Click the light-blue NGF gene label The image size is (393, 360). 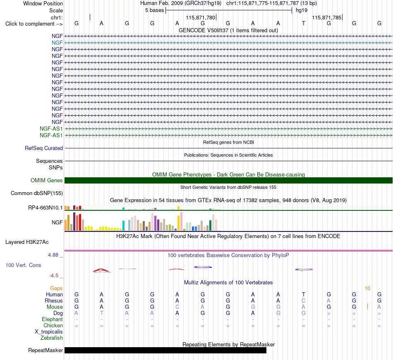(57, 43)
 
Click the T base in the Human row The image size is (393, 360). (304, 294)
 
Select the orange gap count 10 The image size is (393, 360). (367, 288)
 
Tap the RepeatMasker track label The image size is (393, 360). (46, 350)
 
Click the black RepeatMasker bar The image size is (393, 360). (165, 350)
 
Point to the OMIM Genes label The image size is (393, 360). (47, 181)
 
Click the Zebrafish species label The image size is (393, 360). (52, 338)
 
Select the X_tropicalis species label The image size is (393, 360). (49, 332)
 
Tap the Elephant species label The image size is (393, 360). (53, 319)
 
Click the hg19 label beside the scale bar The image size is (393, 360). (302, 10)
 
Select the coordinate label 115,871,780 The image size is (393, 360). (201, 17)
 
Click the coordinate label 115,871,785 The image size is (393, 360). (327, 17)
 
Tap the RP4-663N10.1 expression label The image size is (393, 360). (46, 208)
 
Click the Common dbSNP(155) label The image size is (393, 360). (37, 193)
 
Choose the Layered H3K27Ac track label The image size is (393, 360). (27, 242)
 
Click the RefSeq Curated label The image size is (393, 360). (44, 148)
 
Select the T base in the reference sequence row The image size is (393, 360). (304, 23)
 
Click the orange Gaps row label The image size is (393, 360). (56, 288)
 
